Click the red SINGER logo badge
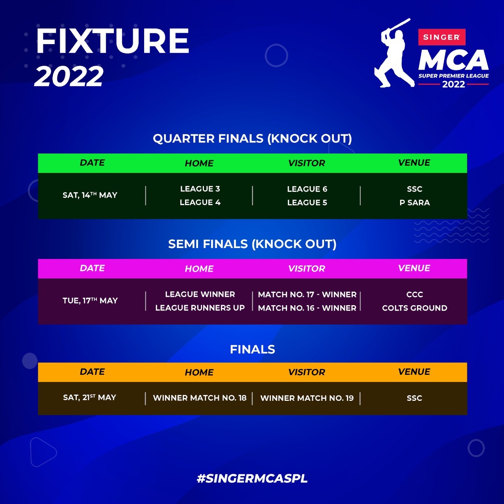[x=442, y=37]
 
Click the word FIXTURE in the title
[x=113, y=41]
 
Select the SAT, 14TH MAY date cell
[x=90, y=195]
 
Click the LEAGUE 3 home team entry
[x=200, y=189]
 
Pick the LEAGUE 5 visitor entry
[x=307, y=202]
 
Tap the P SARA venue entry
[x=415, y=202]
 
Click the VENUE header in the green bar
[x=414, y=163]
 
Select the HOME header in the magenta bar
[x=199, y=269]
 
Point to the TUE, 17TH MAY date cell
[x=90, y=300]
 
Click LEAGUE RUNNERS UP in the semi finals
[x=200, y=308]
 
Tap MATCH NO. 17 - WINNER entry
[x=307, y=295]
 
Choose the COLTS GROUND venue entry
[x=415, y=308]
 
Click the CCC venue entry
[x=415, y=295]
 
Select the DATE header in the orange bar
[x=92, y=372]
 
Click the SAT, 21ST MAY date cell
[x=89, y=398]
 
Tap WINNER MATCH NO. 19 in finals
[x=307, y=398]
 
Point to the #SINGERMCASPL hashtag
[x=252, y=478]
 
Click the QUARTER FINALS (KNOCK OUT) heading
[x=252, y=138]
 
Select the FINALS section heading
[x=252, y=349]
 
